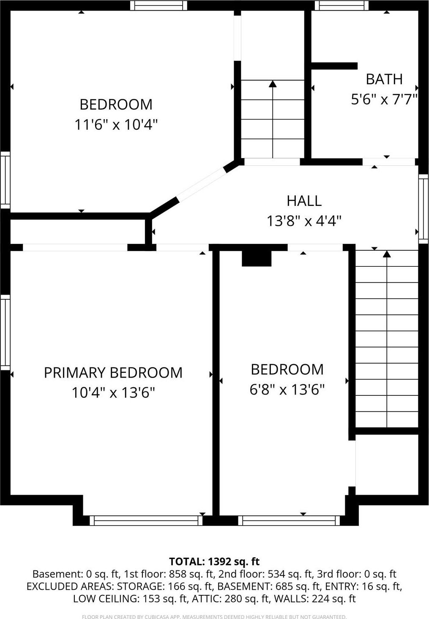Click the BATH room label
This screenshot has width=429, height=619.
click(x=384, y=79)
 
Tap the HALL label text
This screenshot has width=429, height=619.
click(x=304, y=201)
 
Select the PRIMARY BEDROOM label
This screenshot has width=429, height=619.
click(x=113, y=372)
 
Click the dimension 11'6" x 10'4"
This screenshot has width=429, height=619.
click(x=116, y=125)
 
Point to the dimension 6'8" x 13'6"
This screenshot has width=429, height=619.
click(x=287, y=389)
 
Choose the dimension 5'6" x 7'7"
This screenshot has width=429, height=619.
click(x=384, y=99)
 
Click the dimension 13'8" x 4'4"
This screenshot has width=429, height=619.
click(x=304, y=221)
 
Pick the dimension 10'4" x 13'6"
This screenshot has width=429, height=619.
click(x=113, y=393)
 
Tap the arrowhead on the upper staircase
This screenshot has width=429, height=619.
click(x=273, y=84)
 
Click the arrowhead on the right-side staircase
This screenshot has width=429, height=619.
click(x=387, y=254)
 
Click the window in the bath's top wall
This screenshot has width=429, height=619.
click(x=342, y=5)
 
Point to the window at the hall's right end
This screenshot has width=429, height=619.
click(x=424, y=209)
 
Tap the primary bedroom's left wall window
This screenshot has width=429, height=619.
click(x=5, y=332)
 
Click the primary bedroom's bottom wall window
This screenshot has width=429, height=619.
click(x=146, y=520)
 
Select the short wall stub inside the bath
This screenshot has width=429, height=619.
click(x=334, y=66)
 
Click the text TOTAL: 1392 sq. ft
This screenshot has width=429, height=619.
click(x=214, y=561)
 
